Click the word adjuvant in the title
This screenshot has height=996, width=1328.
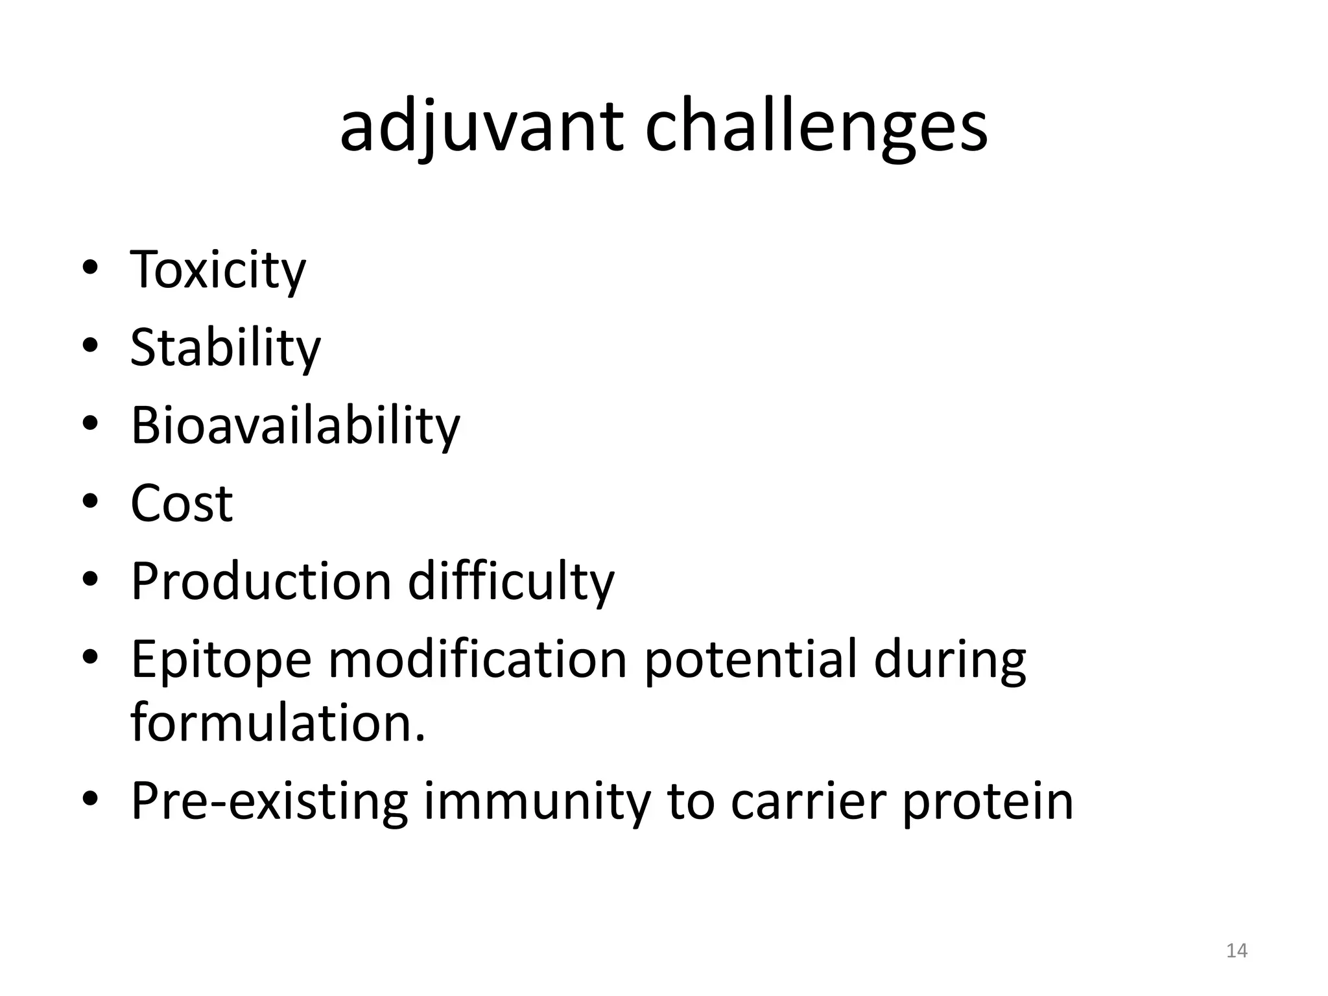(481, 127)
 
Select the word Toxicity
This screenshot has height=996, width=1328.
(218, 270)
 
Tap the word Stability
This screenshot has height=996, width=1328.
(225, 348)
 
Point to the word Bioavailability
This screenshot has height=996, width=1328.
(295, 425)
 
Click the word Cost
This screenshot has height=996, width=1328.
(182, 503)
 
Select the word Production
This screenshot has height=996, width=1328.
(261, 581)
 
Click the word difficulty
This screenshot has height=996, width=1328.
(510, 581)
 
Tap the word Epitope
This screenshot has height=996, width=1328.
(221, 659)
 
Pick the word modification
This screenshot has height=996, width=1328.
(477, 659)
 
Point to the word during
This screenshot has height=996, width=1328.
(949, 659)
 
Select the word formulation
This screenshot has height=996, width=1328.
(278, 722)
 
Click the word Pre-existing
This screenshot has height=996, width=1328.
(269, 801)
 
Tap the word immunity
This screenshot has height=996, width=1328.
(537, 801)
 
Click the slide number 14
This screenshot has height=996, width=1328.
(1237, 951)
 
